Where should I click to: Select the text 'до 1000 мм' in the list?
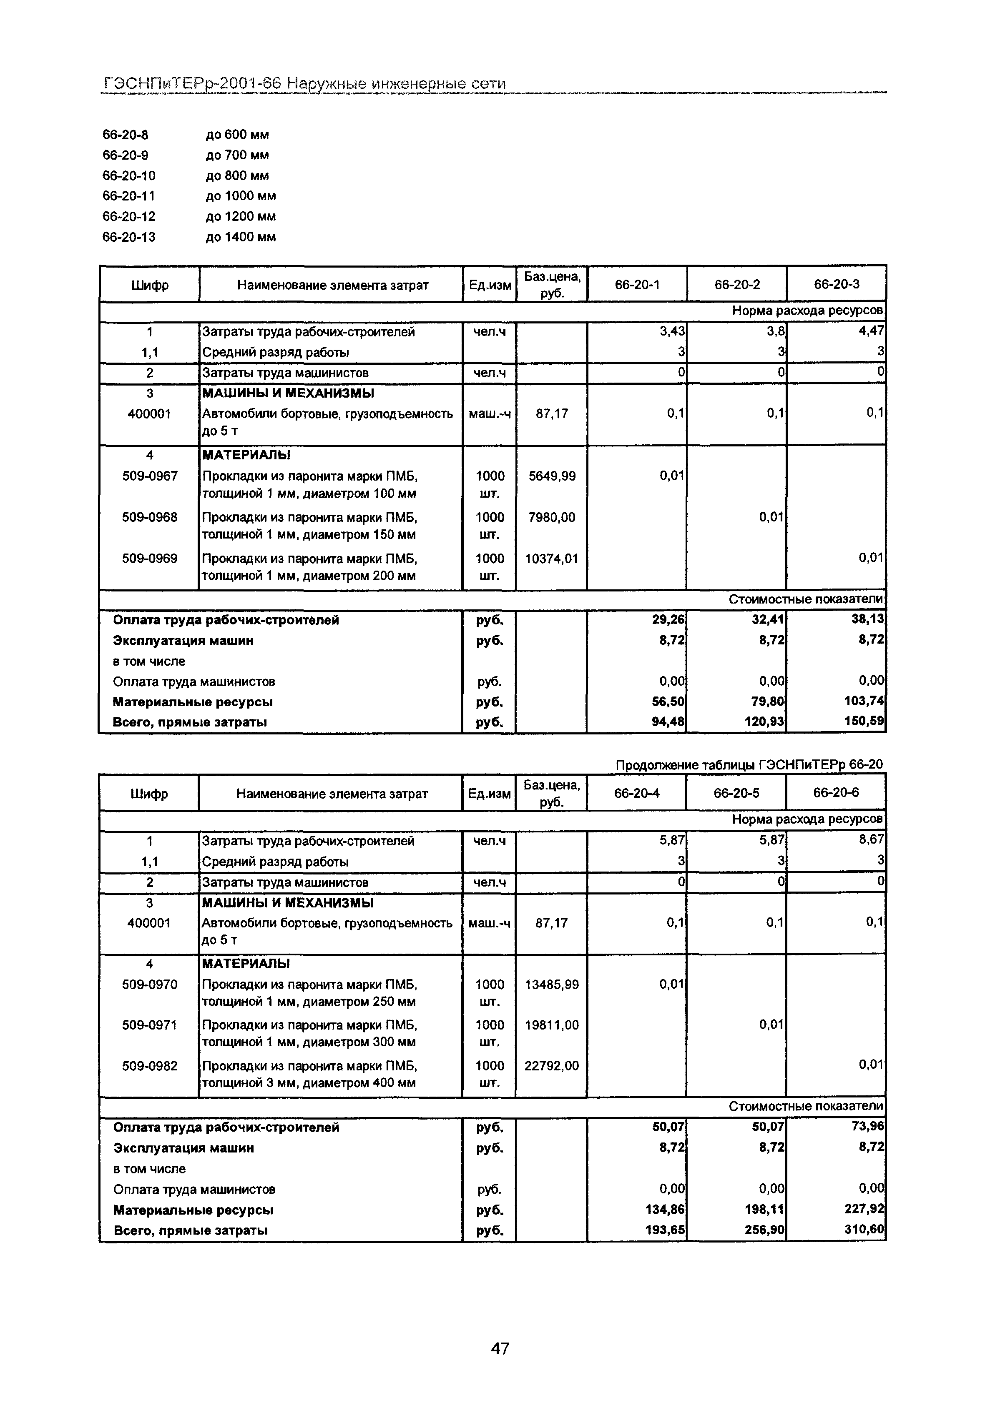(x=241, y=196)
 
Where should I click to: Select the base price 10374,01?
(x=551, y=559)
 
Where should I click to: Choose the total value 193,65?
(x=665, y=1230)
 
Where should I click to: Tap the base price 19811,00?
(x=551, y=1025)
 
